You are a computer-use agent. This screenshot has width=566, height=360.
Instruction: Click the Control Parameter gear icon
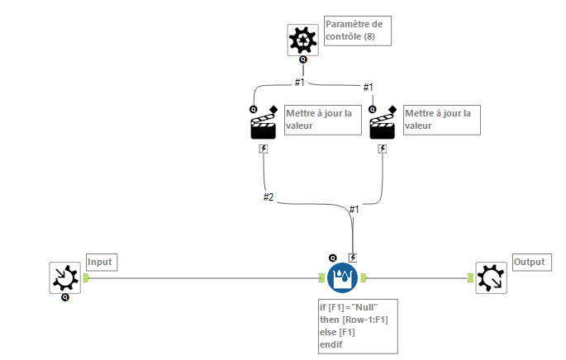click(303, 39)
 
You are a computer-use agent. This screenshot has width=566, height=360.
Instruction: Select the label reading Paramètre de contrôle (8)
click(356, 30)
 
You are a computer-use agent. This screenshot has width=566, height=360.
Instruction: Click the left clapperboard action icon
click(264, 126)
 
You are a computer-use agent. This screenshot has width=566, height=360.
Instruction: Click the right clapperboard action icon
click(381, 126)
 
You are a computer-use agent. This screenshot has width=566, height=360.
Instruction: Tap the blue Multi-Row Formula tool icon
click(342, 278)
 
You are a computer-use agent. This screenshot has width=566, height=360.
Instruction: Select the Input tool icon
click(65, 278)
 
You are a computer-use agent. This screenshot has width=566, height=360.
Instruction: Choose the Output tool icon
click(491, 278)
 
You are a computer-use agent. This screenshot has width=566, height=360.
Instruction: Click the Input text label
click(100, 262)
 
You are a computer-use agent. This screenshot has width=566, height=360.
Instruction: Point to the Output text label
click(530, 262)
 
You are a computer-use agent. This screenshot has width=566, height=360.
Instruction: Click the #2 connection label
click(269, 197)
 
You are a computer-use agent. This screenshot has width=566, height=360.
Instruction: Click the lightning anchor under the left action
click(264, 149)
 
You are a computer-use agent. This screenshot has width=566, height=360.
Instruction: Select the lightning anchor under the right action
click(381, 149)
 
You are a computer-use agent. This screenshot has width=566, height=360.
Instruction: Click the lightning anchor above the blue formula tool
click(353, 258)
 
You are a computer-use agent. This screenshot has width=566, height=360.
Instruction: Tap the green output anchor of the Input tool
click(86, 278)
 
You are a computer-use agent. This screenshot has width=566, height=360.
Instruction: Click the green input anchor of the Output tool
click(470, 278)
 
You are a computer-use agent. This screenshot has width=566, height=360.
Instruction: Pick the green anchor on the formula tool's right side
click(364, 278)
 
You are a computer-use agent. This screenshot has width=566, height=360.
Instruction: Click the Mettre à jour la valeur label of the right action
click(440, 119)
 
